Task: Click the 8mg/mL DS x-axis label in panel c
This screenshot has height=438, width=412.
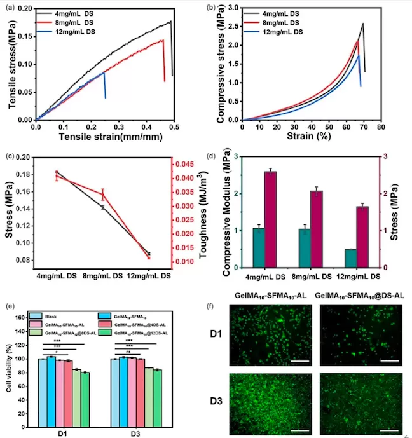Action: [x=102, y=276]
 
